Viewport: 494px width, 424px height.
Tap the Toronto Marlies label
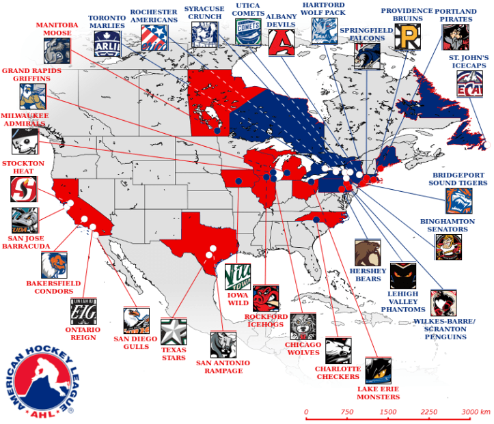point(107,22)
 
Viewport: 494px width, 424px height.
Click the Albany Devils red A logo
point(280,42)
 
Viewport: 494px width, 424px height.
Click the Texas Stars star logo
point(174,331)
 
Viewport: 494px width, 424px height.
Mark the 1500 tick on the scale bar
point(388,414)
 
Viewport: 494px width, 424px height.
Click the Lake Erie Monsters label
point(379,393)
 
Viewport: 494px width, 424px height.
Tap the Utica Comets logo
point(247,31)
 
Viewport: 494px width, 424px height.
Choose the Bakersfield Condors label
point(53,287)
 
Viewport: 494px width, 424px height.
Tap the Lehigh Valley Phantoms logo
point(402,275)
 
